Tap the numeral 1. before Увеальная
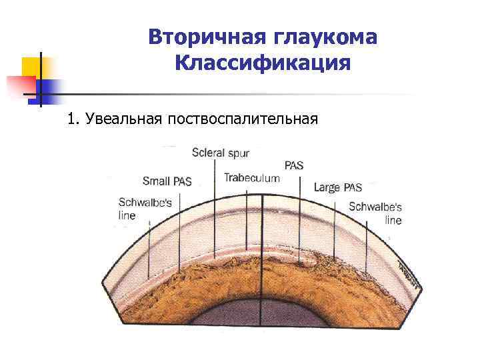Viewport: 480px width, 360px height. tap(73, 119)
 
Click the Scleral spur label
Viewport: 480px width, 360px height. tap(221, 153)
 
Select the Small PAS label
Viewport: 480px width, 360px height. tap(167, 181)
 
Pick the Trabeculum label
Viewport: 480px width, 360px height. tap(251, 177)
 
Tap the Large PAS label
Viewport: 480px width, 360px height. tap(338, 187)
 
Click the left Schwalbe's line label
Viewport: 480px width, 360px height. tap(136, 209)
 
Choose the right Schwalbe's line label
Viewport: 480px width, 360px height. tap(375, 213)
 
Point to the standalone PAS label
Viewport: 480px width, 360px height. tap(293, 165)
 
